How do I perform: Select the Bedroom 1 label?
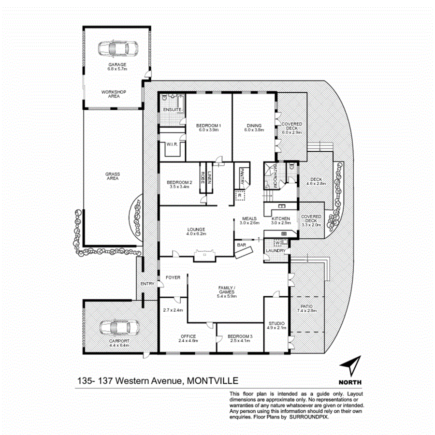click(x=208, y=126)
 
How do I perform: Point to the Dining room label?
click(x=254, y=126)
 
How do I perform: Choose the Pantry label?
click(x=240, y=175)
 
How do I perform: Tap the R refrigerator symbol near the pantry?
click(x=240, y=195)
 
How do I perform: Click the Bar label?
click(x=241, y=246)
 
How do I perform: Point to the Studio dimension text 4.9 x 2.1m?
click(x=277, y=328)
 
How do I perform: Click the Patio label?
click(x=308, y=306)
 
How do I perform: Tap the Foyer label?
click(x=173, y=277)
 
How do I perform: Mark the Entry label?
click(x=146, y=284)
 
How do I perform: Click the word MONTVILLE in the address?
click(x=213, y=381)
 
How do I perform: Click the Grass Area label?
click(x=113, y=176)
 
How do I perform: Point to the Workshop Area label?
click(x=114, y=94)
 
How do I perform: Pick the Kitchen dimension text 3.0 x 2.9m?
click(x=280, y=223)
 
